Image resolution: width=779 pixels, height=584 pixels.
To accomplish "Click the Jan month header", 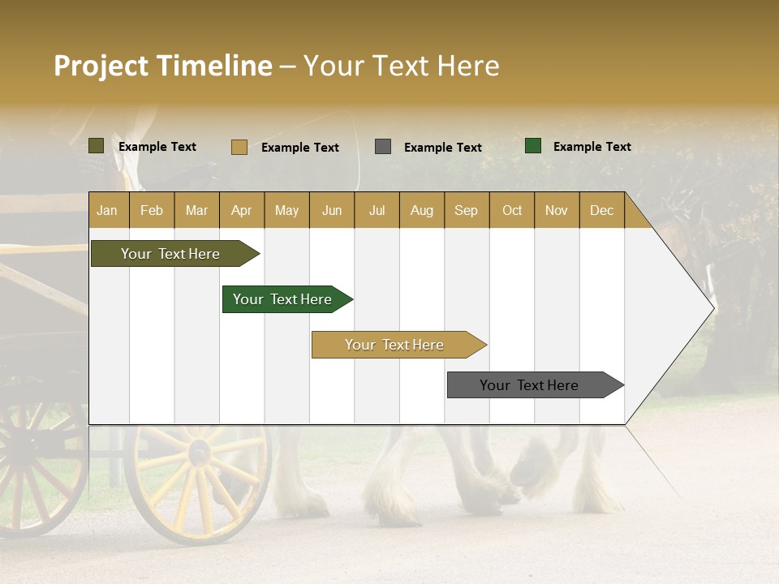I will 108,210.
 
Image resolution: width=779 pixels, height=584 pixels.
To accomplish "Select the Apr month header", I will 242,210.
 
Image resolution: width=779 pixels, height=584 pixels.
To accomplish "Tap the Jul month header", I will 377,210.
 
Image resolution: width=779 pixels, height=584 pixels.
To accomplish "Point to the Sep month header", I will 466,210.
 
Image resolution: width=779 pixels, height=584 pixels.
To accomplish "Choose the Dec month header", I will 601,210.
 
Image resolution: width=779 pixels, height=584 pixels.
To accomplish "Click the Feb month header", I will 152,210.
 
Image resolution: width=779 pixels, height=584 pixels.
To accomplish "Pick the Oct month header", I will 512,210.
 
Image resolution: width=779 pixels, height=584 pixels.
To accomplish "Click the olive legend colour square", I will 97,146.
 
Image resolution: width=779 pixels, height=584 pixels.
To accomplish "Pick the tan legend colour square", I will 239,147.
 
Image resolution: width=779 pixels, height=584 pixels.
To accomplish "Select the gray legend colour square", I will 383,147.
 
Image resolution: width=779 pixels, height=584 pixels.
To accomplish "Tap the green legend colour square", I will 533,146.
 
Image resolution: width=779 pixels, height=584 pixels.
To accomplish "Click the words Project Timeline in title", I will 163,66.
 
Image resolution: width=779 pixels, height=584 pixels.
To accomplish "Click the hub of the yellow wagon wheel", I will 199,453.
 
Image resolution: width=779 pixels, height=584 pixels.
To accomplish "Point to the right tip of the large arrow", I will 713,307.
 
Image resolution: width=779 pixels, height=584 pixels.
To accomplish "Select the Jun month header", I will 332,210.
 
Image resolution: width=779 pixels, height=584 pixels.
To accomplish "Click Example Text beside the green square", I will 592,146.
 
